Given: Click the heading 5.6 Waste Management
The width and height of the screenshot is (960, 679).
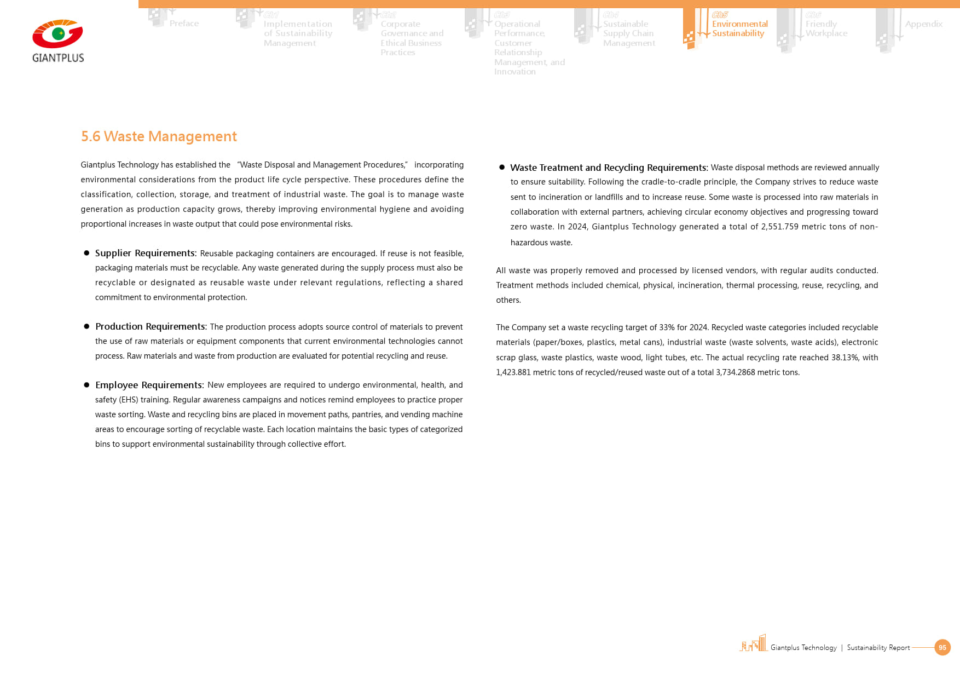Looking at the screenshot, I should (x=159, y=136).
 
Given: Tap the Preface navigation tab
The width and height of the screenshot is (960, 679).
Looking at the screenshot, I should (x=184, y=24).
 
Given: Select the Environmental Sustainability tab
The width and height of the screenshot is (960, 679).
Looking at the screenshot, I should (x=739, y=28).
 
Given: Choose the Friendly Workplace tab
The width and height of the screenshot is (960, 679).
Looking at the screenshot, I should (x=826, y=28).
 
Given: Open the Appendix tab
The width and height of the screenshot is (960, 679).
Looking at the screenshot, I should (x=923, y=24).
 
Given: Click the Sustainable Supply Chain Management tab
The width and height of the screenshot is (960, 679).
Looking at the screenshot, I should (x=629, y=33).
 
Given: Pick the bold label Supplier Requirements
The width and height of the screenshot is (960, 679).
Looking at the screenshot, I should (x=145, y=253).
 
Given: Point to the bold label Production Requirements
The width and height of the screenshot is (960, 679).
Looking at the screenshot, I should (x=151, y=326).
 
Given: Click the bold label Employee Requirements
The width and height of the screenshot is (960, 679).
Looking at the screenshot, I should (x=149, y=385).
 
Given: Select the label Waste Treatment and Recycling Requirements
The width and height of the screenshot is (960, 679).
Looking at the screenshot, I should (x=609, y=168).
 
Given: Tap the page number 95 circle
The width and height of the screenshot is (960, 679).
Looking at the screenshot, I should (x=942, y=647).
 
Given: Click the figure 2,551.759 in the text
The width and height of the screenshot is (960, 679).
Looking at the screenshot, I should (x=779, y=227).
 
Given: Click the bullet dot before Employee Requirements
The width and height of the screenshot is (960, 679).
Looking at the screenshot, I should (x=86, y=385).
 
